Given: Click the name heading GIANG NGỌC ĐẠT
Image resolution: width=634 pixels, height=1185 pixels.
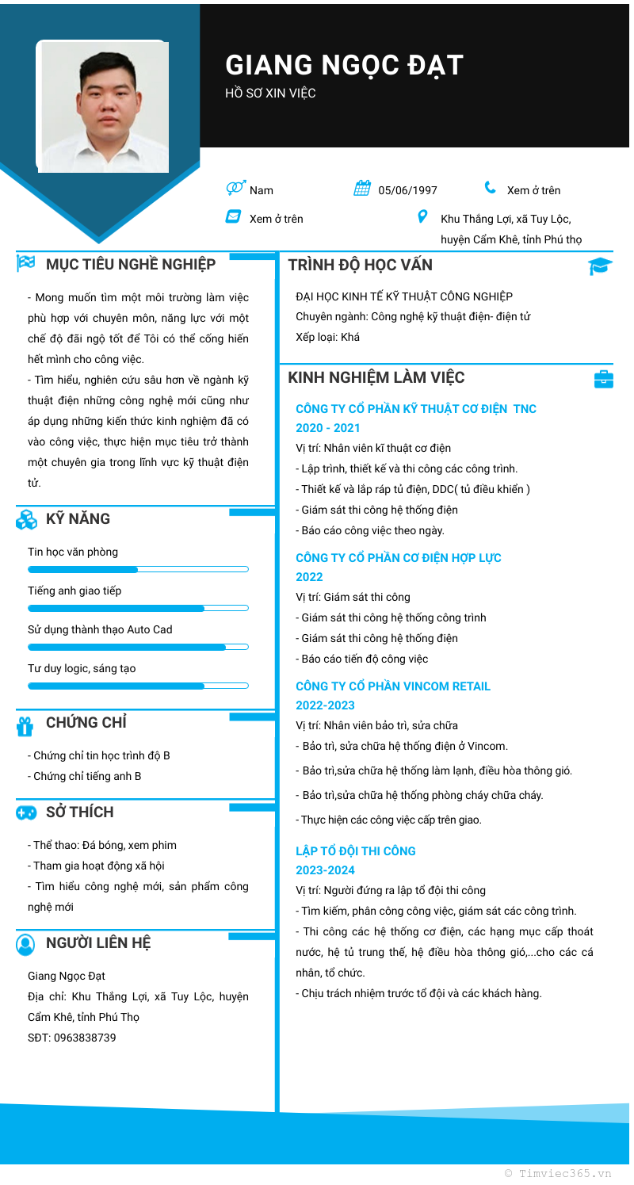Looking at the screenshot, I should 344,65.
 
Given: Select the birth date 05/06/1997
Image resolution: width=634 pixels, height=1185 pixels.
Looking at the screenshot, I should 407,190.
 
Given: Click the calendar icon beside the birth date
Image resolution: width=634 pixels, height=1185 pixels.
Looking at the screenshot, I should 362,189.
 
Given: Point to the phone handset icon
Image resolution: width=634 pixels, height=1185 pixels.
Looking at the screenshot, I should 491,188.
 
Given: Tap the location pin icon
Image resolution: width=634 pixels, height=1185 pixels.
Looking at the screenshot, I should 422,216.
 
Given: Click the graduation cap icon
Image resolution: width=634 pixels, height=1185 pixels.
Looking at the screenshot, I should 600,266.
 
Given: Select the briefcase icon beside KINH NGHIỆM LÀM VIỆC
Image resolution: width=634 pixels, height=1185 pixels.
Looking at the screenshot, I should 604,379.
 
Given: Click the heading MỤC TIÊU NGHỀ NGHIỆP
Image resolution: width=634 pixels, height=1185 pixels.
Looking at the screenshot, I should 131,264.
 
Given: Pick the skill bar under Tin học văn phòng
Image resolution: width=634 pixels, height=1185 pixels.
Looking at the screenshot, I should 138,569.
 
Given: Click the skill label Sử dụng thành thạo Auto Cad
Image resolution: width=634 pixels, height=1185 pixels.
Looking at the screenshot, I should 100,629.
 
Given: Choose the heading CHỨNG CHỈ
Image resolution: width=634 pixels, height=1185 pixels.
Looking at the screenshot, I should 86,722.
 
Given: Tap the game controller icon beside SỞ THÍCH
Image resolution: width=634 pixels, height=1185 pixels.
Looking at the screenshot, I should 26,812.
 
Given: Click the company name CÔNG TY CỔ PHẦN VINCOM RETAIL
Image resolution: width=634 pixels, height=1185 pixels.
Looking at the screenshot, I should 393,686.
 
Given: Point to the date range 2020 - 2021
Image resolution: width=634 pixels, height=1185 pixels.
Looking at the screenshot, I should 328,428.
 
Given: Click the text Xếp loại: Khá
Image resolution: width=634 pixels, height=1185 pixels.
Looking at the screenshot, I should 327,337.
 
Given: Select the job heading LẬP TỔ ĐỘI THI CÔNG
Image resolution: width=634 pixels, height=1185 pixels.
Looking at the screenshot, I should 356,851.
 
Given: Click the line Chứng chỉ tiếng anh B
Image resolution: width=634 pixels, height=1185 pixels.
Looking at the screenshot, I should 85,776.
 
